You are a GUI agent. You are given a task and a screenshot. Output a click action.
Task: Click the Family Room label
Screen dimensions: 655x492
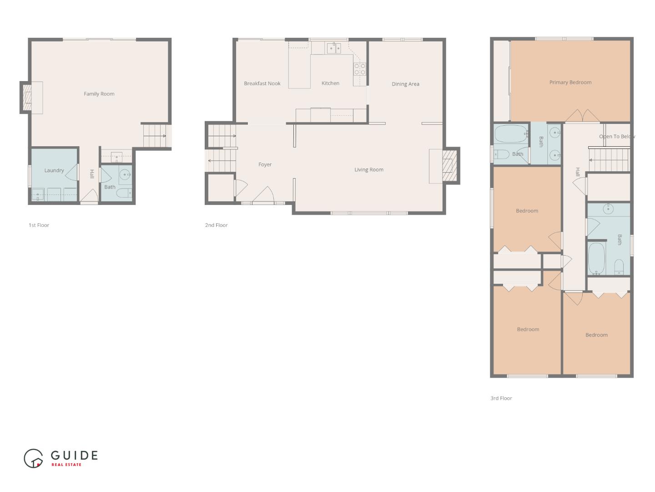point(99,94)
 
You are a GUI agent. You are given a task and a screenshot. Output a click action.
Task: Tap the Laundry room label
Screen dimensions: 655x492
point(54,170)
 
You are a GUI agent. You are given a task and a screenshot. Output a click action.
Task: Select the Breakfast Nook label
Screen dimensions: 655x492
point(262,83)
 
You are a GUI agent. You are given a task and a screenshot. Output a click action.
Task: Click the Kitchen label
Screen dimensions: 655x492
point(330,83)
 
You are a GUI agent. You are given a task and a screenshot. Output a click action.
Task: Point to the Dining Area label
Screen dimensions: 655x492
point(405,84)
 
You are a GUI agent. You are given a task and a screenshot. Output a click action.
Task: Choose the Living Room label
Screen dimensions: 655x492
point(369,169)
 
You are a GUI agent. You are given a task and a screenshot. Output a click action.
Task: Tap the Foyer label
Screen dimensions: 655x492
point(265,164)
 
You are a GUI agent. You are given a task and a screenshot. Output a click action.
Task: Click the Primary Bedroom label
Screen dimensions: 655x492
point(570,82)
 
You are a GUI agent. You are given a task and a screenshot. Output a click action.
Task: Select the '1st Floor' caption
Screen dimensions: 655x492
point(39,225)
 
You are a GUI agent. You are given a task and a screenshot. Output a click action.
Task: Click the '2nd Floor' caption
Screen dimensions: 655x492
point(217,225)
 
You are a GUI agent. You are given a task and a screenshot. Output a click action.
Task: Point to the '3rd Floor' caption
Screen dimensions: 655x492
point(501,398)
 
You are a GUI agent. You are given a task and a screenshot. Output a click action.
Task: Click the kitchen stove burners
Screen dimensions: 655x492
point(360,69)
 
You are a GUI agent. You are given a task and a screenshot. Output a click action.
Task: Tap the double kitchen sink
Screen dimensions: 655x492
point(334,48)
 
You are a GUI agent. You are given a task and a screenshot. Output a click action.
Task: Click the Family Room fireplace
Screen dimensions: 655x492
point(27,97)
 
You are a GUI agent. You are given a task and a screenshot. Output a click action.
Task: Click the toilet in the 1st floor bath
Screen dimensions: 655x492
point(124,193)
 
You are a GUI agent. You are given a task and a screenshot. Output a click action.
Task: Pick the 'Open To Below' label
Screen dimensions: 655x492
point(616,137)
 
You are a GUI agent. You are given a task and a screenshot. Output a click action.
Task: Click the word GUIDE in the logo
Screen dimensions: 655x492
point(74,455)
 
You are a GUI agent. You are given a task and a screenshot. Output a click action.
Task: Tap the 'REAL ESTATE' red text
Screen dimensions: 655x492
point(66,465)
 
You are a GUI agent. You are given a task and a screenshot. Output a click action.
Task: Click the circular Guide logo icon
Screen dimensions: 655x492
point(33,459)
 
